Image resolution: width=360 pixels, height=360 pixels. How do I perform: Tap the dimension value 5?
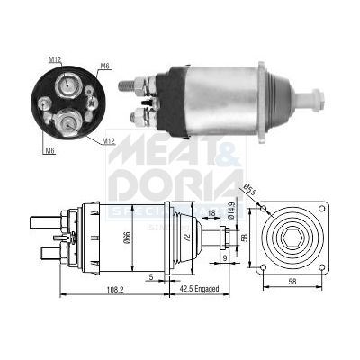pos(150,276)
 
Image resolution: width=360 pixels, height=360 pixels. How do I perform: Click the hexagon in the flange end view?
pos(293,238)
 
